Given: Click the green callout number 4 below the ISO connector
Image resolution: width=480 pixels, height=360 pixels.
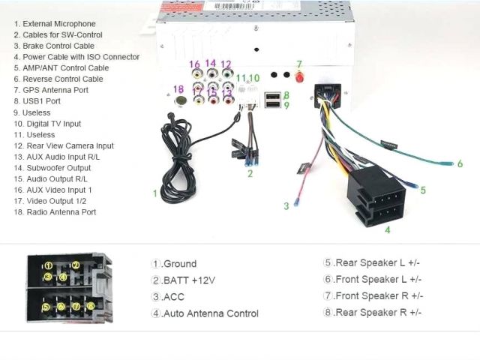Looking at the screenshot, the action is [387, 230].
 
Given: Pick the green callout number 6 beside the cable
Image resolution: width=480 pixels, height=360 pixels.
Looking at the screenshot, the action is [460, 163].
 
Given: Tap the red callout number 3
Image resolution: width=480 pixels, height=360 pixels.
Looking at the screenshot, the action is [286, 205].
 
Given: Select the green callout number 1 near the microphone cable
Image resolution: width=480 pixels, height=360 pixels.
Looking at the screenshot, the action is [155, 193].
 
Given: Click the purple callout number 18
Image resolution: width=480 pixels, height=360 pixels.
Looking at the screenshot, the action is [178, 90].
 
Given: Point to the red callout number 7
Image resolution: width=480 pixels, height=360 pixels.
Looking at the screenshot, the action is [298, 64].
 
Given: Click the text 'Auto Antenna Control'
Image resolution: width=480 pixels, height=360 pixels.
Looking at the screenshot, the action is [211, 313].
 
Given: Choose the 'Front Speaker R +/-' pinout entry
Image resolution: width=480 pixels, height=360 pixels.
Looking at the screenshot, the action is [378, 295].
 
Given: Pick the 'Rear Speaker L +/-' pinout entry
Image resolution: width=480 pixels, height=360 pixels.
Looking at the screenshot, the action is [376, 262].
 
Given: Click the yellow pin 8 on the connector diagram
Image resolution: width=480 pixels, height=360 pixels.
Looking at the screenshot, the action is [91, 306].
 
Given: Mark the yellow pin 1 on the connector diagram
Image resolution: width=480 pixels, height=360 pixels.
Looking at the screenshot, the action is [47, 265].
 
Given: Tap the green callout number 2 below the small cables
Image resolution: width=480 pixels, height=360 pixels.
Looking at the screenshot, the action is [250, 174].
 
